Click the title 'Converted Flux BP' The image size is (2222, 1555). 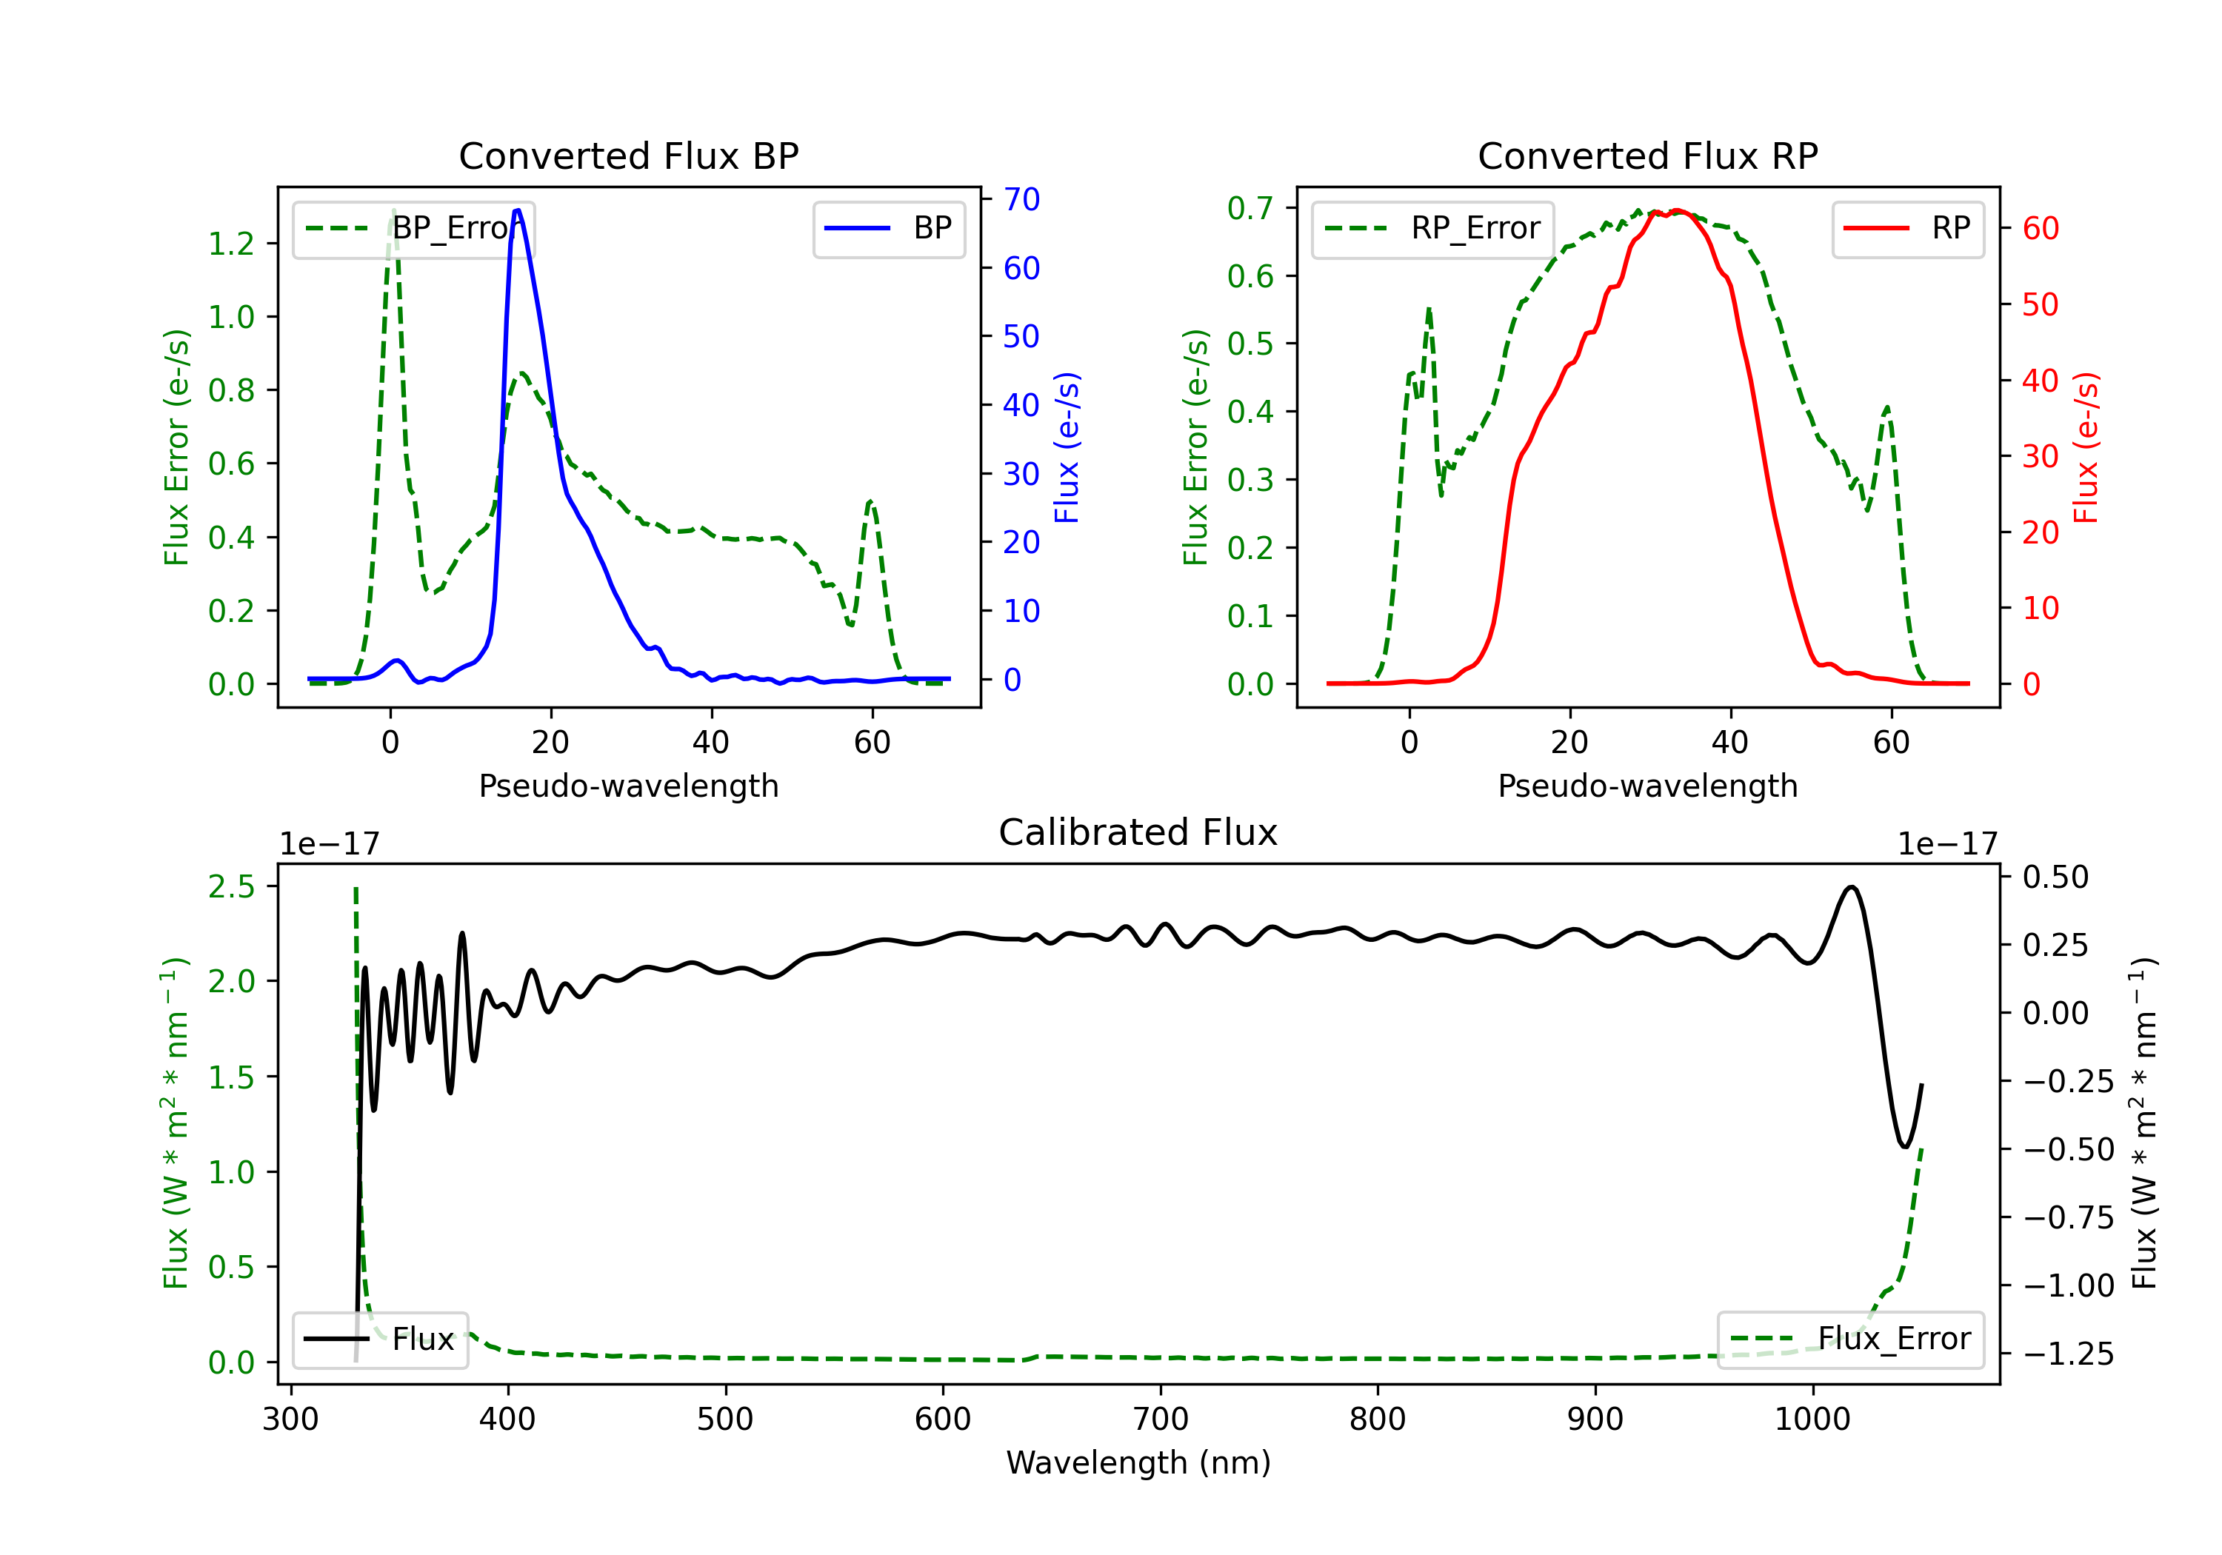pyautogui.click(x=628, y=155)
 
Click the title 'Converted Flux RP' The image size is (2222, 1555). pyautogui.click(x=1647, y=155)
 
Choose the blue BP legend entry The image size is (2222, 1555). pyautogui.click(x=888, y=228)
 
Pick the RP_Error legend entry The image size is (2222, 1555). pyautogui.click(x=1432, y=228)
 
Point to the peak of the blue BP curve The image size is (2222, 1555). pyautogui.click(x=518, y=210)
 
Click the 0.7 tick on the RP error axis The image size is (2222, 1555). pyautogui.click(x=1250, y=208)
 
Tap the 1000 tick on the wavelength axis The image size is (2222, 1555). pyautogui.click(x=1812, y=1419)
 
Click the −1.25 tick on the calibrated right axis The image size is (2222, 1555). pyautogui.click(x=2068, y=1354)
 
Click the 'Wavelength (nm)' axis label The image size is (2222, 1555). pyautogui.click(x=1138, y=1462)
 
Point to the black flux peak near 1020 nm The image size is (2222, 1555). pyautogui.click(x=1850, y=886)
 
